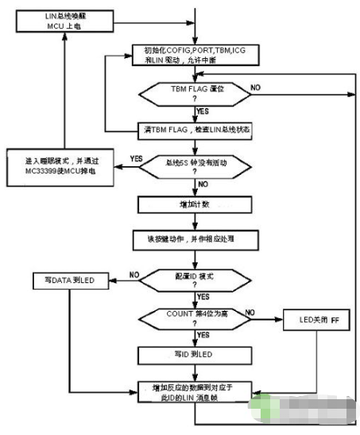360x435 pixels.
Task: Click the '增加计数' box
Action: click(x=195, y=204)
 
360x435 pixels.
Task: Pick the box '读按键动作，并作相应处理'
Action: click(x=195, y=237)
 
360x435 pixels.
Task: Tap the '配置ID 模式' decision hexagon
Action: click(x=195, y=279)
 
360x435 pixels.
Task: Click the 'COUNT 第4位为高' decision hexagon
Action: click(x=195, y=318)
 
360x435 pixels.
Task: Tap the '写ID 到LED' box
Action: click(x=195, y=354)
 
